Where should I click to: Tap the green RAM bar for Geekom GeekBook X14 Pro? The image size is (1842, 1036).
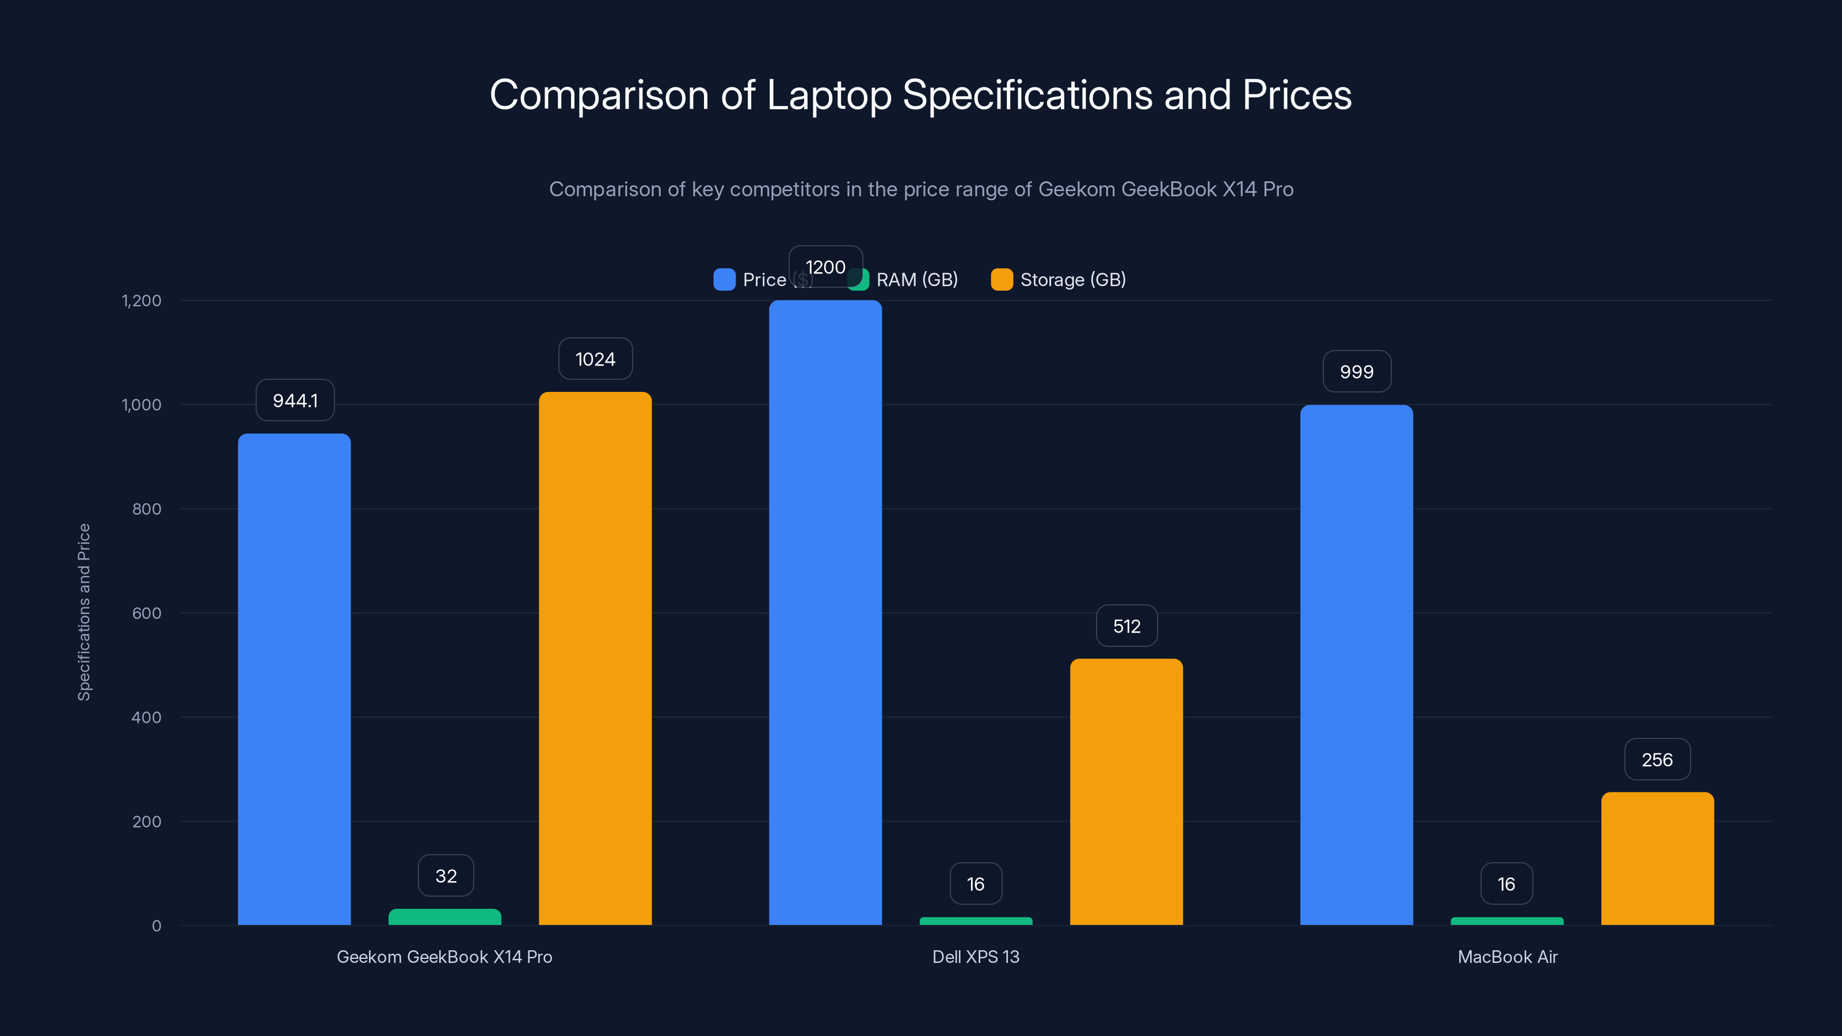coord(445,917)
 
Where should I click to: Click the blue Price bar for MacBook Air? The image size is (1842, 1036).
coord(1357,665)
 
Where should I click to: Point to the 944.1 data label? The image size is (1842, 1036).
coord(295,401)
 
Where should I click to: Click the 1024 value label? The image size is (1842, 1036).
coord(595,359)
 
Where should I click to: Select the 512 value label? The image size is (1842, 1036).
coord(1126,626)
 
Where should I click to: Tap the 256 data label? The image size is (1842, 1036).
coord(1657,759)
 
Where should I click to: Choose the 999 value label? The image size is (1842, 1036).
coord(1357,372)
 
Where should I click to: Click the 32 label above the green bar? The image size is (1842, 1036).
coord(446,876)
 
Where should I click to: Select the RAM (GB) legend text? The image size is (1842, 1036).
coord(917,280)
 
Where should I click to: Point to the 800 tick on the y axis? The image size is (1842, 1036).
coord(147,509)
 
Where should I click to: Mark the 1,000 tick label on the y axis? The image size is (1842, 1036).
coord(142,405)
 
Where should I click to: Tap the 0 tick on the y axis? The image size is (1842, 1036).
coord(157,926)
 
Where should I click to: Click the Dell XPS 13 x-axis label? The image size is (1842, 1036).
coord(975,957)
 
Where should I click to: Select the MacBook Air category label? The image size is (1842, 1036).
coord(1508,957)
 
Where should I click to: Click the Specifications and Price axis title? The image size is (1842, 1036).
coord(85,612)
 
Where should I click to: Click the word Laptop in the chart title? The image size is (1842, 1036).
coord(829,95)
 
